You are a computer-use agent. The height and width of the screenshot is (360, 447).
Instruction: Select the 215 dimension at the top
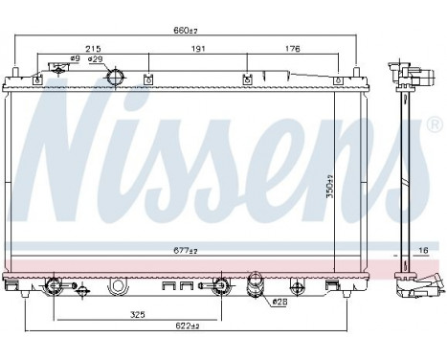click(x=94, y=48)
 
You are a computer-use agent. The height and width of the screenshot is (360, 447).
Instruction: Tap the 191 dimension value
click(x=196, y=48)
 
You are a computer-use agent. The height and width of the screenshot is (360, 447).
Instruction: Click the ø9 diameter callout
click(x=61, y=59)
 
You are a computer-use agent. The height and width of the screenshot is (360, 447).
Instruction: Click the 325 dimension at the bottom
click(x=139, y=314)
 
